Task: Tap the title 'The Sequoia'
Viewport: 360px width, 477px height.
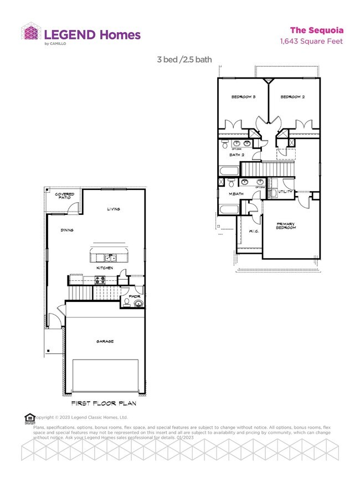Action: coord(316,30)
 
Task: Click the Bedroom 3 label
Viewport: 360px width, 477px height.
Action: coord(243,97)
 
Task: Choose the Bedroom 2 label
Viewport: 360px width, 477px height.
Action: coord(292,97)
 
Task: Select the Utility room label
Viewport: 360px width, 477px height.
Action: coord(285,191)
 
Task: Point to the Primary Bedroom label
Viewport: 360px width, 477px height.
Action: coord(286,226)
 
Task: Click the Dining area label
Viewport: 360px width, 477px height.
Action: coord(68,230)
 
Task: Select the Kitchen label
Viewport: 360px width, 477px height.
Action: coord(105,268)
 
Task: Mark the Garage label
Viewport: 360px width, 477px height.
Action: coord(105,341)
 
